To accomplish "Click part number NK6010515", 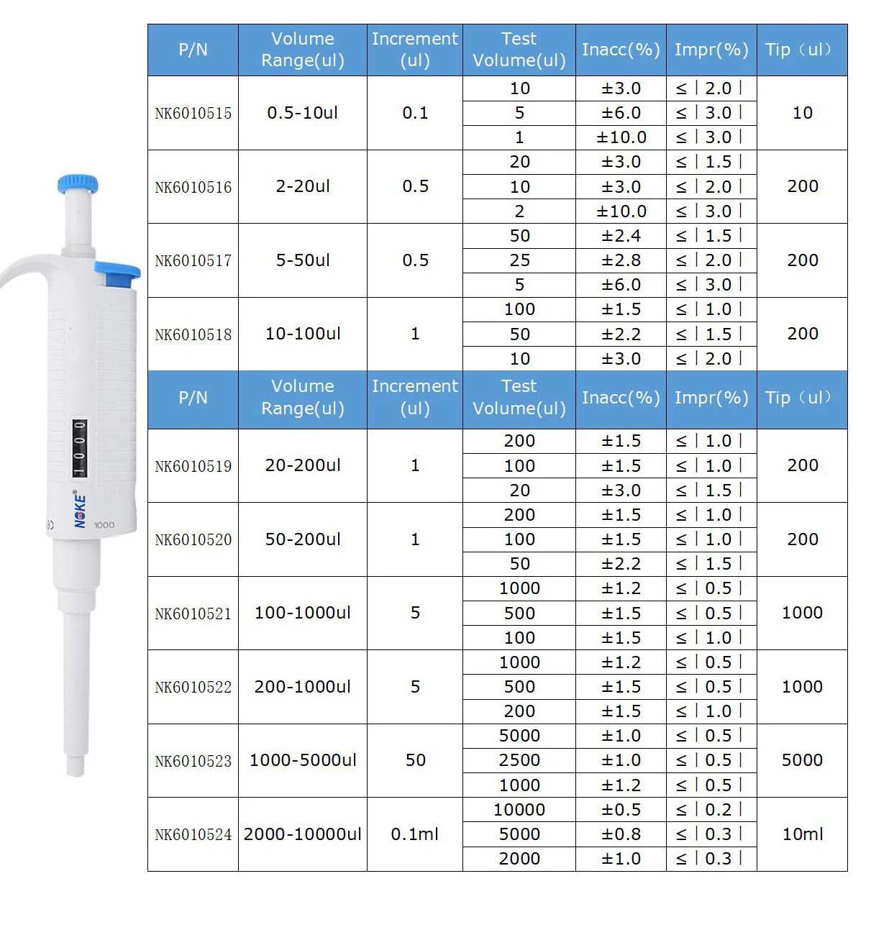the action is click(x=193, y=114).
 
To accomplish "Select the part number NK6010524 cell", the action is click(x=193, y=835).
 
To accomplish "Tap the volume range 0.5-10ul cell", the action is click(x=302, y=113).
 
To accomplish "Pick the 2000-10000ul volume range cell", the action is click(x=302, y=834).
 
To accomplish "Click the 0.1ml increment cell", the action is click(x=414, y=834).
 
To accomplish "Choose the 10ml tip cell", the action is click(x=802, y=834).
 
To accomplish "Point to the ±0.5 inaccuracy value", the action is click(x=621, y=810).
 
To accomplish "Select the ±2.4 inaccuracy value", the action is click(x=621, y=236).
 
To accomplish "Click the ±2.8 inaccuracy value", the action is click(x=621, y=260).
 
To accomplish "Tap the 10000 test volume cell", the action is click(x=519, y=810).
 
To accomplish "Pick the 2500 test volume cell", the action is click(x=519, y=760).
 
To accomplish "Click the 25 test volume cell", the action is click(x=519, y=260).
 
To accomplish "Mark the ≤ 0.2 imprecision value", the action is click(x=711, y=810).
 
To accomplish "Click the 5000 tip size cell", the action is click(x=802, y=760).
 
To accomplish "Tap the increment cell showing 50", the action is click(x=414, y=760).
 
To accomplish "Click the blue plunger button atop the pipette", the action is click(x=78, y=183).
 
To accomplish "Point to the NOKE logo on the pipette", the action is click(x=80, y=510).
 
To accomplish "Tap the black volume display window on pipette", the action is click(x=79, y=448).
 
